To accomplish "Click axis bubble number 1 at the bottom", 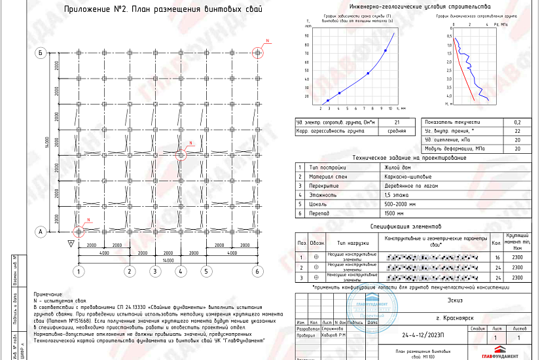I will (x=79, y=271).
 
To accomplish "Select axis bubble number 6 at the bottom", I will (x=258, y=271).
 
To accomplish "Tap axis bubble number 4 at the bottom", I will (x=181, y=271).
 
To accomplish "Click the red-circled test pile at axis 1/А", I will (x=79, y=232).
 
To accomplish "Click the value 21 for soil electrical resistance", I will (x=397, y=122).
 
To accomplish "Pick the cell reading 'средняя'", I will (x=397, y=131).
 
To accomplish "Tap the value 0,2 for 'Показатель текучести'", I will (x=517, y=122).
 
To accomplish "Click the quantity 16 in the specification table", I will (x=495, y=258).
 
